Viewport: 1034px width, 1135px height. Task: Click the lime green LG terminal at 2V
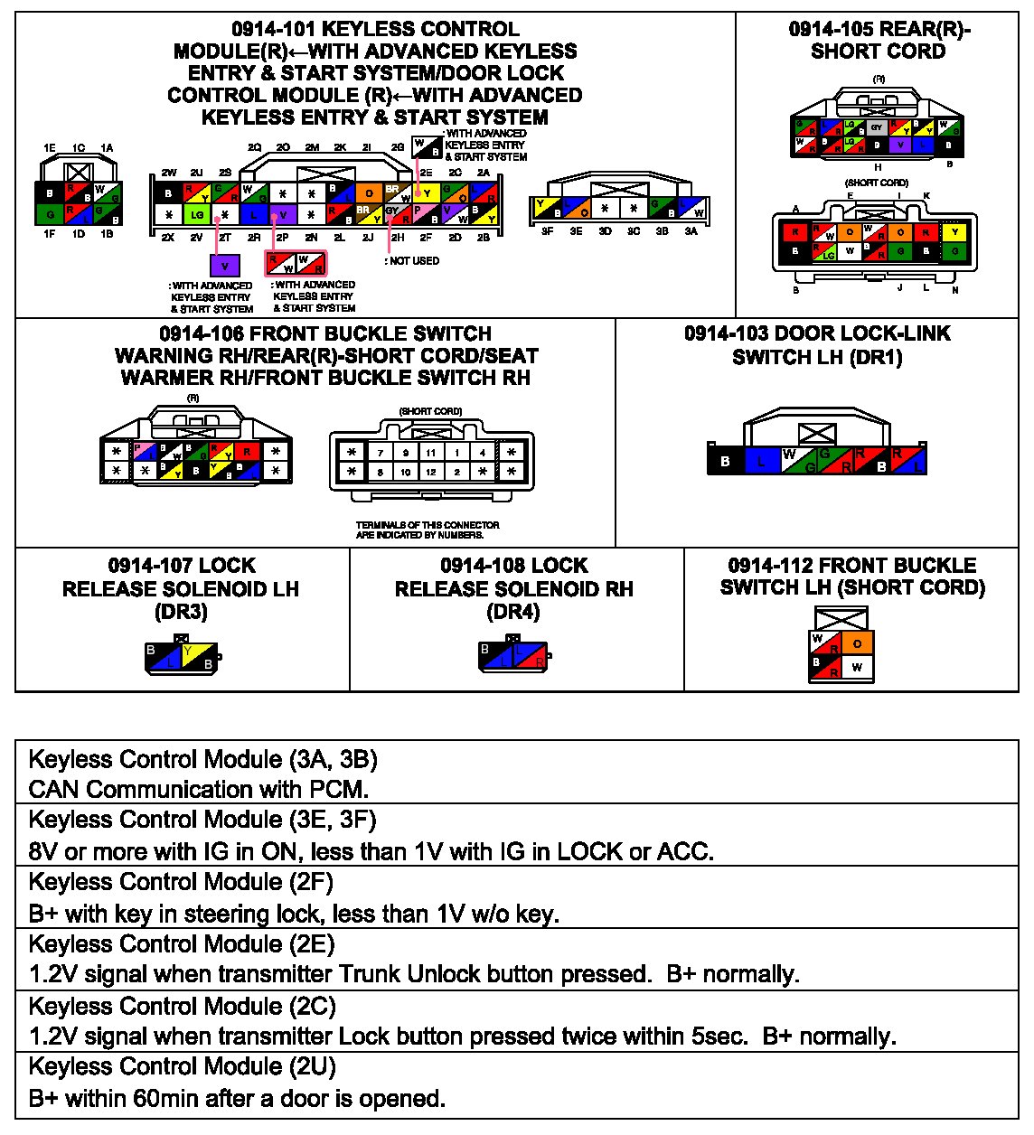[x=196, y=215]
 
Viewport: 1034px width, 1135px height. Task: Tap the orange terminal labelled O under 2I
[x=368, y=192]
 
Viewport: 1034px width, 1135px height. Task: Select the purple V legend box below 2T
[x=225, y=265]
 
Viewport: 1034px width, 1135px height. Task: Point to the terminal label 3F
[x=547, y=231]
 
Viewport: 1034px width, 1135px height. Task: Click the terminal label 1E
[x=50, y=148]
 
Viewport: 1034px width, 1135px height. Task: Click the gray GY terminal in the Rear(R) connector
[x=877, y=127]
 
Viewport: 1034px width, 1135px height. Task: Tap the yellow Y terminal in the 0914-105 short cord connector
[x=954, y=232]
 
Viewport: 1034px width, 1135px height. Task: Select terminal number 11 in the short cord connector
[x=431, y=453]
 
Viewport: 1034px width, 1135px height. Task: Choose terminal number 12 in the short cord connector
[x=431, y=472]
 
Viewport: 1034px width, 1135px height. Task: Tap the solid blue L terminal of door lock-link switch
[x=761, y=462]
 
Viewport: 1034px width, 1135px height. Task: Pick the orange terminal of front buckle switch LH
[x=857, y=643]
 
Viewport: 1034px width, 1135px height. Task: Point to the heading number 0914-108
[x=475, y=566]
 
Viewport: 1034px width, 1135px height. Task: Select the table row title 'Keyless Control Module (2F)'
[x=181, y=881]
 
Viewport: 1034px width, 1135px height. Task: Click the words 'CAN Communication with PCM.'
[x=199, y=789]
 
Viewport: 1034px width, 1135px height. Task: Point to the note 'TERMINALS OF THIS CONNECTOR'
[x=428, y=525]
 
